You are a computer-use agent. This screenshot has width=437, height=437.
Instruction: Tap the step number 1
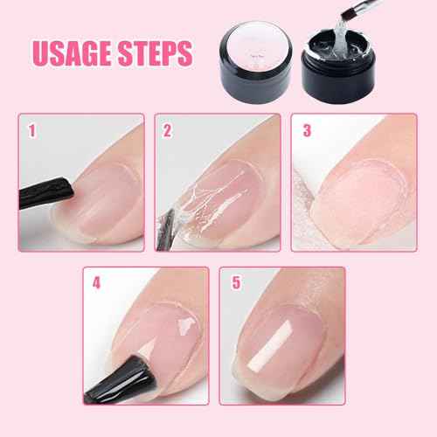(x=31, y=133)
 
